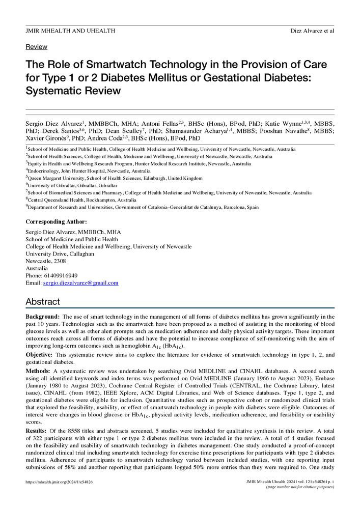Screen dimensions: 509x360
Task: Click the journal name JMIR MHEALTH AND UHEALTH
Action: (x=70, y=31)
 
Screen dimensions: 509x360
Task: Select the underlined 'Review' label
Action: (x=36, y=47)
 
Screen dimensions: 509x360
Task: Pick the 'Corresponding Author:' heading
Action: (x=56, y=222)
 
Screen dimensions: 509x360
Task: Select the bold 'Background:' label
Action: (x=43, y=317)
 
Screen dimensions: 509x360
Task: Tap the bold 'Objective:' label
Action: (x=39, y=354)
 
